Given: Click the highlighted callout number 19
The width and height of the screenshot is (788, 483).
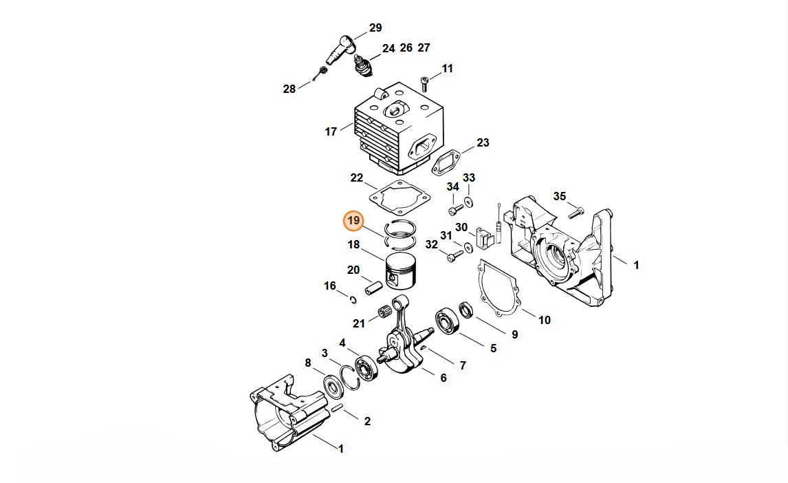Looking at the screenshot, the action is point(353,221).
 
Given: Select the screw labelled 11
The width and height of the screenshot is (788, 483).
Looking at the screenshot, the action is point(425,85).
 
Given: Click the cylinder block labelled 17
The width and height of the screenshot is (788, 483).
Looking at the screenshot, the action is point(399,129).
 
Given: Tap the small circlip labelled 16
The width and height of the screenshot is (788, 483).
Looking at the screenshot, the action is point(353,300).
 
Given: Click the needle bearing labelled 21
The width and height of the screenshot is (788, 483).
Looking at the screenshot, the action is point(386,314).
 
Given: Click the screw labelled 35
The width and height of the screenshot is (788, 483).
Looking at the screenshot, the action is point(576,213).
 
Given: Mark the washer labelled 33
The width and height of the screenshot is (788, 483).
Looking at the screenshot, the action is point(469,202).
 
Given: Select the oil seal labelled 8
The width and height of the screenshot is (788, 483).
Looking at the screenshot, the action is point(332,386).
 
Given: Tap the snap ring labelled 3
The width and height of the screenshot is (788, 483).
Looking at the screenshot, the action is point(350,378).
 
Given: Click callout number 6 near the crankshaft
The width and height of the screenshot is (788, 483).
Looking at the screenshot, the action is point(444,378).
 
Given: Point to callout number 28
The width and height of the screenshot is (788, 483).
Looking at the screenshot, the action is point(289,89).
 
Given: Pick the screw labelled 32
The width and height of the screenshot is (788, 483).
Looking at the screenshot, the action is point(455,257).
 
